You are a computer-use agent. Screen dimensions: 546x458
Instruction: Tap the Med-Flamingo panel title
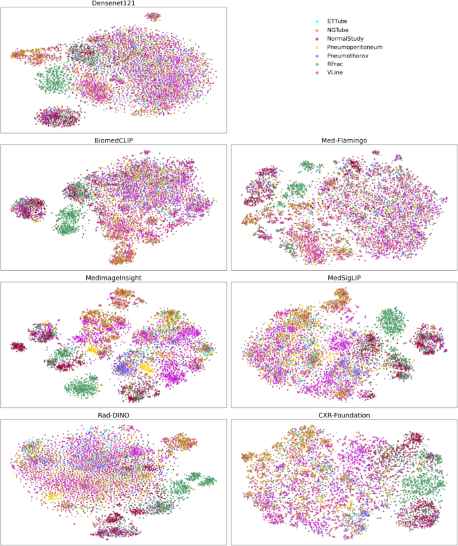(x=344, y=141)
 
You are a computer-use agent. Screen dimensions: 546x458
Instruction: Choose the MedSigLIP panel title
(x=344, y=277)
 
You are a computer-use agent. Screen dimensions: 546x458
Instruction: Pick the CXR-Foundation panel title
(x=344, y=414)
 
